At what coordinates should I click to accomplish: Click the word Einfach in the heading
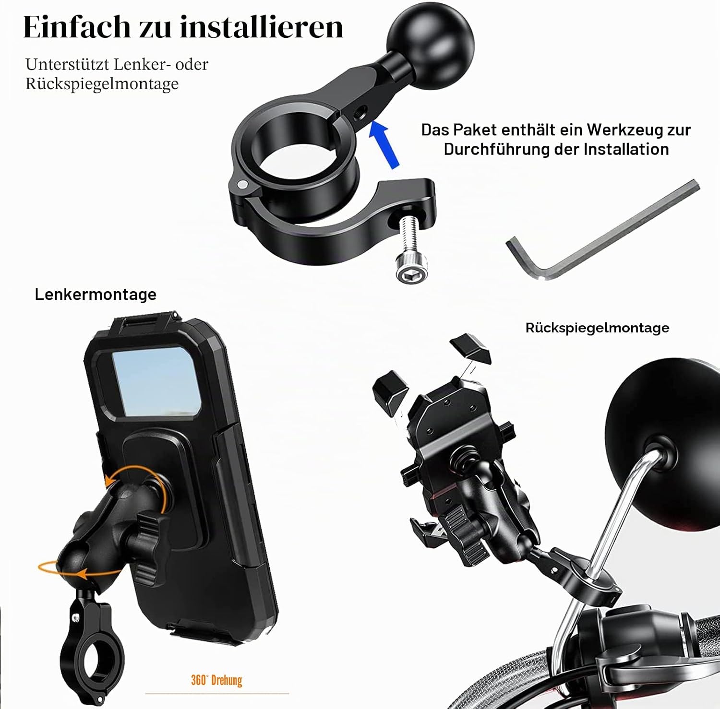point(77,27)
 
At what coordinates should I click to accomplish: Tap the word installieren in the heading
point(262,27)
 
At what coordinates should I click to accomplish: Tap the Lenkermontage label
point(96,294)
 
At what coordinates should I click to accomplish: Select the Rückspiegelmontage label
point(597,328)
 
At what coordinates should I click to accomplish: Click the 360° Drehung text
point(216,680)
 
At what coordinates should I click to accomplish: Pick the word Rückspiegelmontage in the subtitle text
point(102,84)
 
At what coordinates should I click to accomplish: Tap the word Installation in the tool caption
point(626,149)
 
